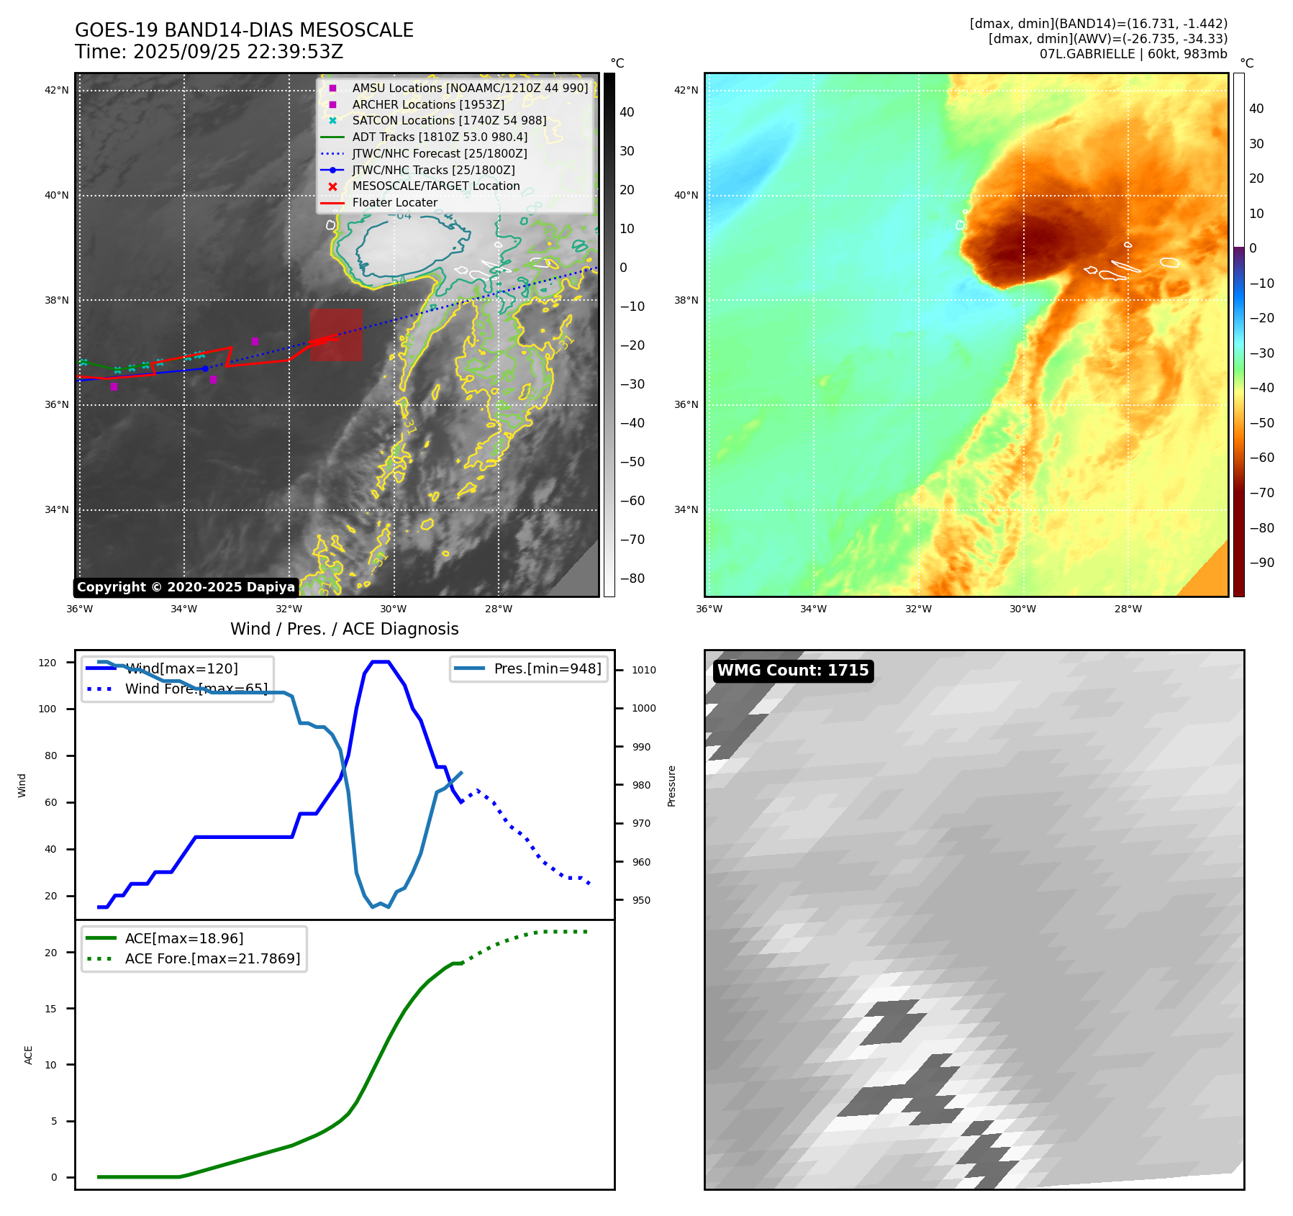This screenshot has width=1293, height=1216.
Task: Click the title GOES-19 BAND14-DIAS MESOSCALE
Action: pos(244,30)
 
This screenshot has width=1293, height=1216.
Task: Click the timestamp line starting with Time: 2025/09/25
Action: pos(209,52)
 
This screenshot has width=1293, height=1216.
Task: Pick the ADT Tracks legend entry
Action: pos(440,137)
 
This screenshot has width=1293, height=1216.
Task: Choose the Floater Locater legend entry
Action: pos(394,202)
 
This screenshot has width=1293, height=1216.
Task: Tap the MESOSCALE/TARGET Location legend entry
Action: pos(435,186)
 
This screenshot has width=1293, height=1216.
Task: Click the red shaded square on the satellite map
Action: pos(336,335)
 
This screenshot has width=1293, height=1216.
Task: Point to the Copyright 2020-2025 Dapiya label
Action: pos(186,587)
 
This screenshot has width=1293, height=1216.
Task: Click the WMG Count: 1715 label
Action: pos(793,671)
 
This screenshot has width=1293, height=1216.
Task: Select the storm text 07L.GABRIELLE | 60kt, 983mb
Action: pos(1133,54)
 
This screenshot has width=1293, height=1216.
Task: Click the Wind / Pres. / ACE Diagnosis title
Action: pos(344,629)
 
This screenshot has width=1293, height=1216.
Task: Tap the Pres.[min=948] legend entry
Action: pos(547,668)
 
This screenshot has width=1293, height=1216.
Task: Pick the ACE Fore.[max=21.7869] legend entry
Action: pos(212,958)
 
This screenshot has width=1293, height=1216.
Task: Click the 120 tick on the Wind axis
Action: pos(47,663)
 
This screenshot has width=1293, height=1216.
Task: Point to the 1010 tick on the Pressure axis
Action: pos(644,670)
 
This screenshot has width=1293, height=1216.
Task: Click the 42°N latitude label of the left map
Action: pos(57,90)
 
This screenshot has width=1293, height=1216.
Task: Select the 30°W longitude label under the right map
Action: pos(1022,609)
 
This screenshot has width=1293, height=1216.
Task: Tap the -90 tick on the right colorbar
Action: pos(1261,563)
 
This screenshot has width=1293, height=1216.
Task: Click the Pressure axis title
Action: pos(671,786)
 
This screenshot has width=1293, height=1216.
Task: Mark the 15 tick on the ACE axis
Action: pos(50,1009)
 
